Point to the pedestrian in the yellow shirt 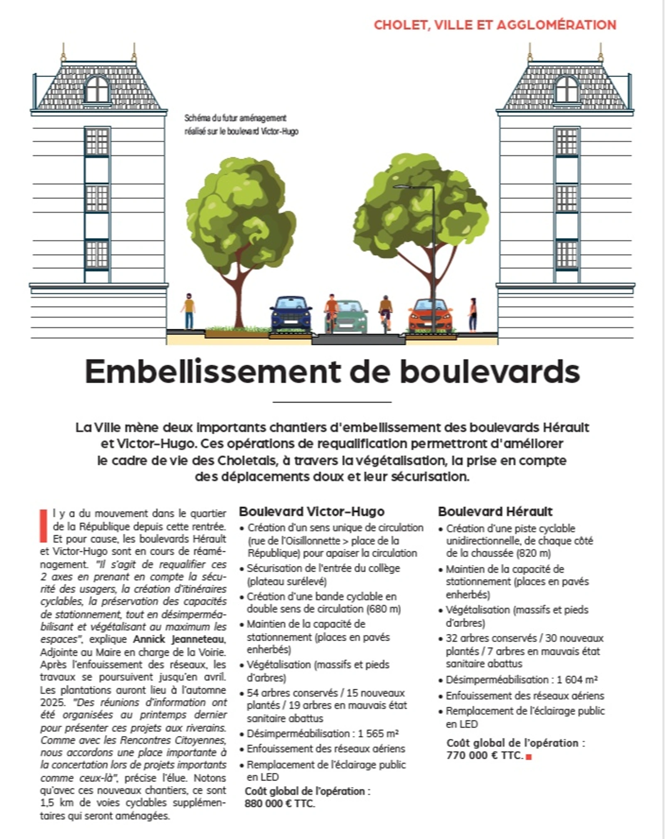coord(189,311)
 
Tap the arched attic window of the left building coord(97,89)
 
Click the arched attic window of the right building coord(567,89)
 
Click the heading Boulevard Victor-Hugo coord(312,511)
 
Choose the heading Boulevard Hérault coord(495,511)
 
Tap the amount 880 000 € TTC coord(280,804)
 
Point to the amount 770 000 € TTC coord(484,755)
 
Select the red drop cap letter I coord(43,526)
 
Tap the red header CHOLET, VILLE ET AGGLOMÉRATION coord(495,25)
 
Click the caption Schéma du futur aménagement coord(236,118)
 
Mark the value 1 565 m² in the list coord(378,733)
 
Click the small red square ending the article coord(529,757)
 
